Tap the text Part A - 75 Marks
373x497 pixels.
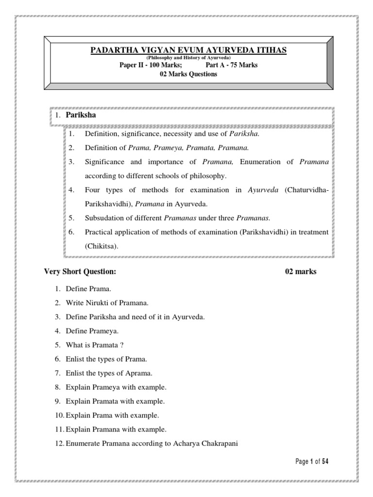pyautogui.click(x=232, y=66)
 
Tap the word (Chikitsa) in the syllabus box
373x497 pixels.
pyautogui.click(x=102, y=246)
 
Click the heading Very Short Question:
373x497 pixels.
pyautogui.click(x=80, y=271)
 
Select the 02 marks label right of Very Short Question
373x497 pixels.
pyautogui.click(x=301, y=271)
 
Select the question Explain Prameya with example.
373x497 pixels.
pyautogui.click(x=116, y=387)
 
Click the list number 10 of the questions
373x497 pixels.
pyautogui.click(x=59, y=415)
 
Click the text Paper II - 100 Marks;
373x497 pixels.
pyautogui.click(x=151, y=66)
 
